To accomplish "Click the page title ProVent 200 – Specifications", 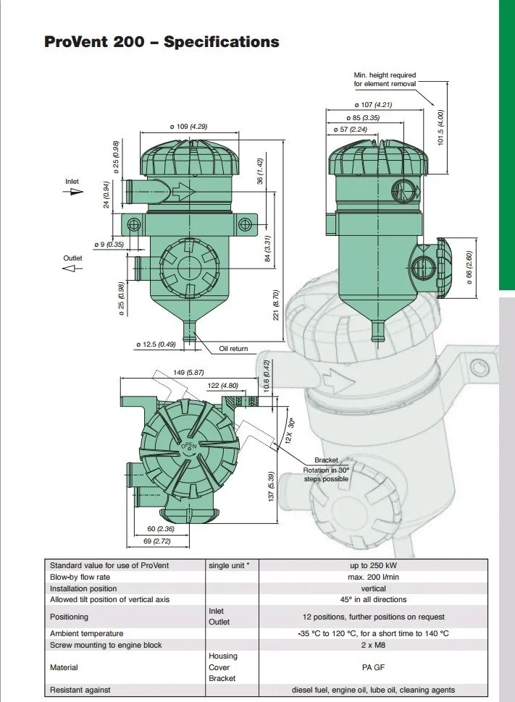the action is pos(162,42).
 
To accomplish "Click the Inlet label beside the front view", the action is pos(72,182).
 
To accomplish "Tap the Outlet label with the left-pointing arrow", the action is pos(72,258).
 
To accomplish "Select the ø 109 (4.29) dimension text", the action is pos(189,127).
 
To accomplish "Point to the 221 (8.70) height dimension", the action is pos(276,305).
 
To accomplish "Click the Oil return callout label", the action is pos(233,348).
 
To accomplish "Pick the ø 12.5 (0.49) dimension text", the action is pos(156,344).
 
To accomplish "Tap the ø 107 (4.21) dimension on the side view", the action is pos(373,105).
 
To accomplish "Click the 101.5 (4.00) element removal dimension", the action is pos(440,127).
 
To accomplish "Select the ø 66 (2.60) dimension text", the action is pos(469,267).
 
